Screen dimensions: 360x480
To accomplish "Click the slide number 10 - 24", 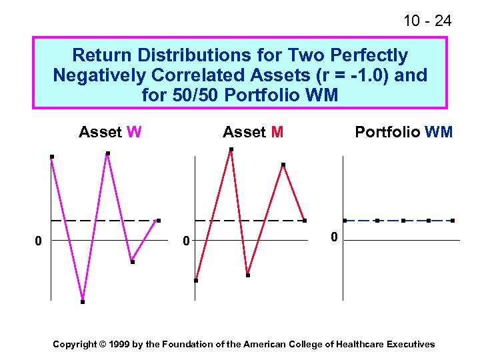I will tap(427, 21).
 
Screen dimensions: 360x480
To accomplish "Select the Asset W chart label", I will tap(110, 132).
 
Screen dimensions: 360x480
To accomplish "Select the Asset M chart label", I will tap(253, 132).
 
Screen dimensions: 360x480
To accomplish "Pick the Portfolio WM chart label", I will tap(403, 132).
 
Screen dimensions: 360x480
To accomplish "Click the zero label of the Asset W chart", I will tap(39, 240).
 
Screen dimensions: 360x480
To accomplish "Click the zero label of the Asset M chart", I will tap(187, 240).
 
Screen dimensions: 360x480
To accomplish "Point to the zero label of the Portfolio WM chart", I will tap(335, 237).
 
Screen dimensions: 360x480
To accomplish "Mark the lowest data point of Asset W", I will tap(83, 302).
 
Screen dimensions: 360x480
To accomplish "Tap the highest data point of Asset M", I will tap(231, 149).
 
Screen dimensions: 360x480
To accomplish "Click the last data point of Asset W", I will tap(158, 221).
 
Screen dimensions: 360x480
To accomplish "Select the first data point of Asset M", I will tap(196, 281).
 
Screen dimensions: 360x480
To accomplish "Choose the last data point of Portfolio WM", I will tap(453, 221).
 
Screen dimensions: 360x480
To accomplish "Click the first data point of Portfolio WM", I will tap(344, 221).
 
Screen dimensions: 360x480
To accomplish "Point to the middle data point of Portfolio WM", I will tap(403, 221).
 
